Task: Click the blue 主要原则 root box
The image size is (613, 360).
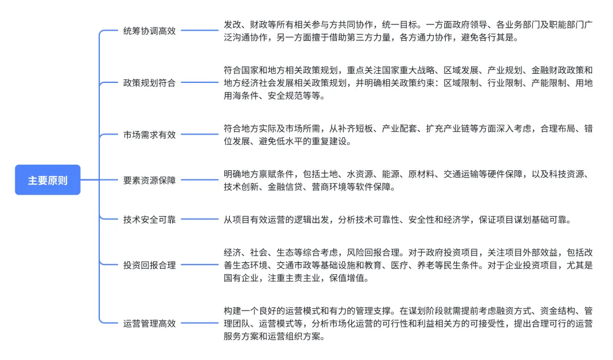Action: pos(48,180)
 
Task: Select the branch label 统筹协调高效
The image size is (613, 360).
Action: pos(149,31)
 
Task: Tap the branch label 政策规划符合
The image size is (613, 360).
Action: pos(149,83)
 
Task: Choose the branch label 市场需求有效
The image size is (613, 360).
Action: pos(149,135)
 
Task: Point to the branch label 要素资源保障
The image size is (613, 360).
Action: pos(149,181)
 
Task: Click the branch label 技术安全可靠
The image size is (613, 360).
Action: pos(149,219)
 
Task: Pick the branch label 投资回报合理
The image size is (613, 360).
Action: pos(149,265)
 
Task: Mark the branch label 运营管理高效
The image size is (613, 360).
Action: pos(149,324)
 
